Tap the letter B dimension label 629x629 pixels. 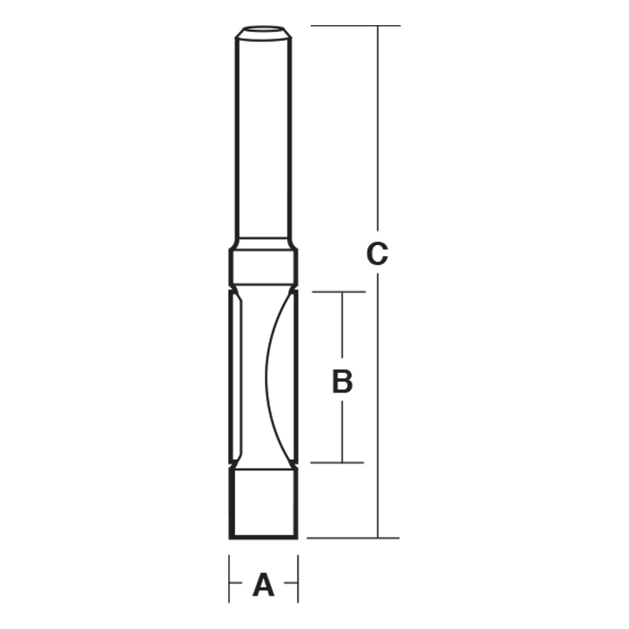[342, 381]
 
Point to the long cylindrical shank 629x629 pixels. [262, 138]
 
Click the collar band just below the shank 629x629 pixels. [262, 267]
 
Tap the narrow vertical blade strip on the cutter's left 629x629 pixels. [237, 377]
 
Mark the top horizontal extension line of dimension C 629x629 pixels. [355, 26]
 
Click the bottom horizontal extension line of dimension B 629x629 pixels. [338, 463]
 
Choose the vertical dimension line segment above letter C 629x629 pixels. [377, 126]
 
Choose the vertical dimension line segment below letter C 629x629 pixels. [377, 409]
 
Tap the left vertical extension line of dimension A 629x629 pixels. [229, 579]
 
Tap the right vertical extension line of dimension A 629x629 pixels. [298, 579]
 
